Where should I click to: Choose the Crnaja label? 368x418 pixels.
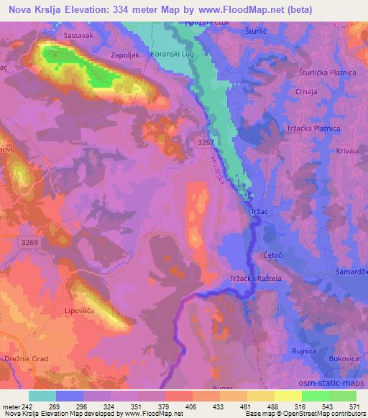(x=307, y=92)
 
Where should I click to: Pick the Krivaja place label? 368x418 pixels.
(x=347, y=152)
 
